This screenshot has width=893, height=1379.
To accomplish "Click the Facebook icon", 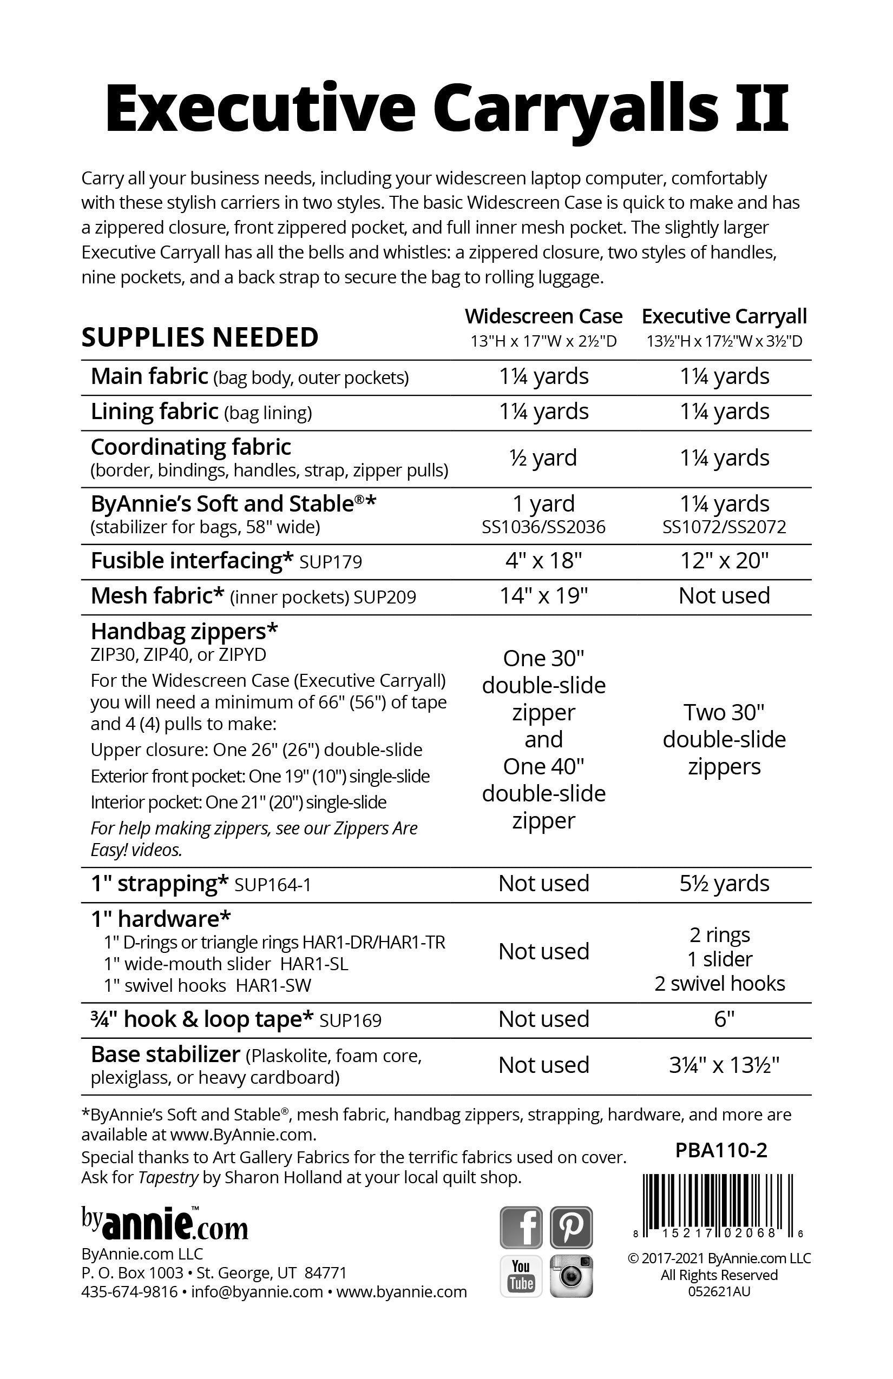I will [x=521, y=1227].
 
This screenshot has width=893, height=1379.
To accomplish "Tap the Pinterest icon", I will [x=571, y=1227].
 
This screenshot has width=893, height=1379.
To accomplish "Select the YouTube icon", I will [x=521, y=1276].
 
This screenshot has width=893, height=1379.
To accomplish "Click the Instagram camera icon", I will [x=571, y=1276].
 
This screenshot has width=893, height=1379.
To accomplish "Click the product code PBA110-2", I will [x=721, y=1150].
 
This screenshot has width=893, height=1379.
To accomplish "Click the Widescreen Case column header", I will [x=543, y=316].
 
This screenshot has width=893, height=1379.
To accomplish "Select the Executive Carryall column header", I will [x=724, y=316].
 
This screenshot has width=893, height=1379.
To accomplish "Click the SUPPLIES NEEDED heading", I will [x=200, y=337].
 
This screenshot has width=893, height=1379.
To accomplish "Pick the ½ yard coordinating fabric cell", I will [x=543, y=458].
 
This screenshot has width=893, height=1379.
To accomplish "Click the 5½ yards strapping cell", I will [x=724, y=883].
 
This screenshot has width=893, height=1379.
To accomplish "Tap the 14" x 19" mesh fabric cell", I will [x=543, y=595].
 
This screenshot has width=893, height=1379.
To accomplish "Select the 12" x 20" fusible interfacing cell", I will [x=724, y=561].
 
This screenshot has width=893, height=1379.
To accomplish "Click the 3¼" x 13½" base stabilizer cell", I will [x=724, y=1065].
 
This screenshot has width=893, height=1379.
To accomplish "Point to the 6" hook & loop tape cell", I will [x=724, y=1019].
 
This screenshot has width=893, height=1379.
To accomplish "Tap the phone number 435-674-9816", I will [x=129, y=1291].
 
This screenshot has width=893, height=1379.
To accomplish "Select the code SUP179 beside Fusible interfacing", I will [x=331, y=562].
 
